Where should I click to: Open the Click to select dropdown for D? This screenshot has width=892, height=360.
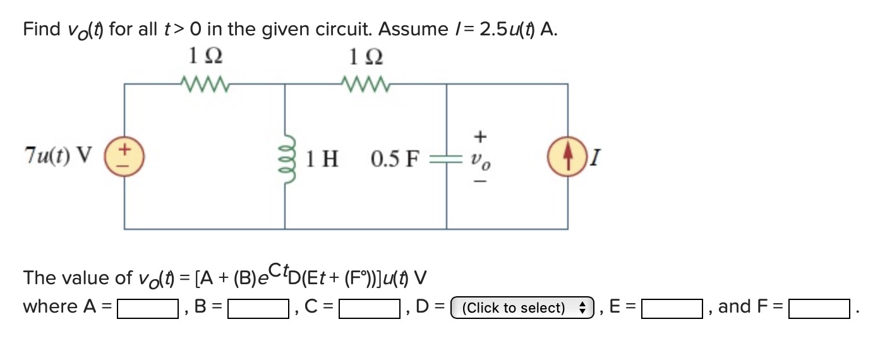[x=521, y=308]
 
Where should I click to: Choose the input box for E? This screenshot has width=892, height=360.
[x=672, y=308]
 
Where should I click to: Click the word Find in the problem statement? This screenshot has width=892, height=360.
[x=42, y=30]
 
